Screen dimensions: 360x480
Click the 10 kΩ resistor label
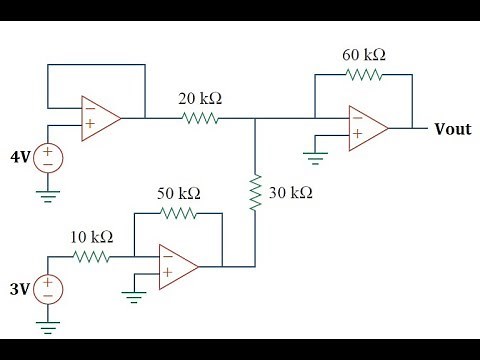coord(91,237)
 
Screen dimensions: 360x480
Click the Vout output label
coord(452,129)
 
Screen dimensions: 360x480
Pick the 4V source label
coord(21,156)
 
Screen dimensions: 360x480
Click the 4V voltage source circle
coord(47,156)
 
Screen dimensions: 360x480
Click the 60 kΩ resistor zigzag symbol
coord(363,76)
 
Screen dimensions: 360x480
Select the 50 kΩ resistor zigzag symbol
coord(180,212)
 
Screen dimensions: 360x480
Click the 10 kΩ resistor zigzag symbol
coord(92,257)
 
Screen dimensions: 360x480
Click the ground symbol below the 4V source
coord(47,195)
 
